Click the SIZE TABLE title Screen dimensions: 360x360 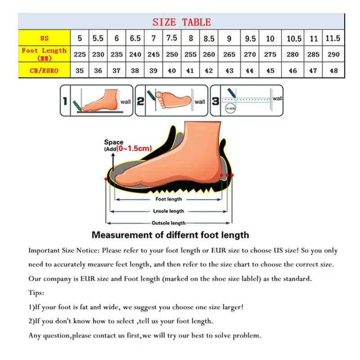[x=181, y=22]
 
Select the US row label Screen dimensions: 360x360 [x=44, y=38]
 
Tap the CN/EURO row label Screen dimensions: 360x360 [x=44, y=70]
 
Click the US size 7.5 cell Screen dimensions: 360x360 [x=172, y=38]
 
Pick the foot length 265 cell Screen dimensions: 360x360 [x=229, y=54]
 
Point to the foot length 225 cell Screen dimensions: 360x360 [x=80, y=54]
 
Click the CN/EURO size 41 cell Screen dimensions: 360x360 [x=191, y=70]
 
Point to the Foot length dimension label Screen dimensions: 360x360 [x=169, y=199]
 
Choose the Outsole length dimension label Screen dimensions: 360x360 [x=169, y=223]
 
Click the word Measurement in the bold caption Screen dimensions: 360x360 [x=119, y=235]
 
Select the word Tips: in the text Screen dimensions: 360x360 [x=36, y=292]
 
